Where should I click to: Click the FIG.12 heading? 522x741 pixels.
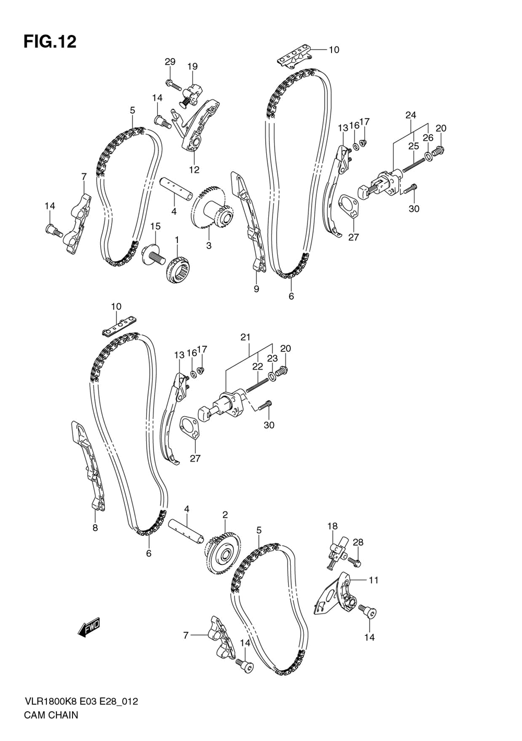point(50,42)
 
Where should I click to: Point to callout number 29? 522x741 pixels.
point(170,62)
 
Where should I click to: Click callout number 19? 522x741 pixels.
point(193,66)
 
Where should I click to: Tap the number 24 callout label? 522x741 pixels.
point(411,115)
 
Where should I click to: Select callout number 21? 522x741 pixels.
point(245,337)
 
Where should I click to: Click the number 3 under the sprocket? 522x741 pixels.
point(209,245)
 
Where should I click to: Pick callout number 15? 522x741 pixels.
point(156,226)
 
